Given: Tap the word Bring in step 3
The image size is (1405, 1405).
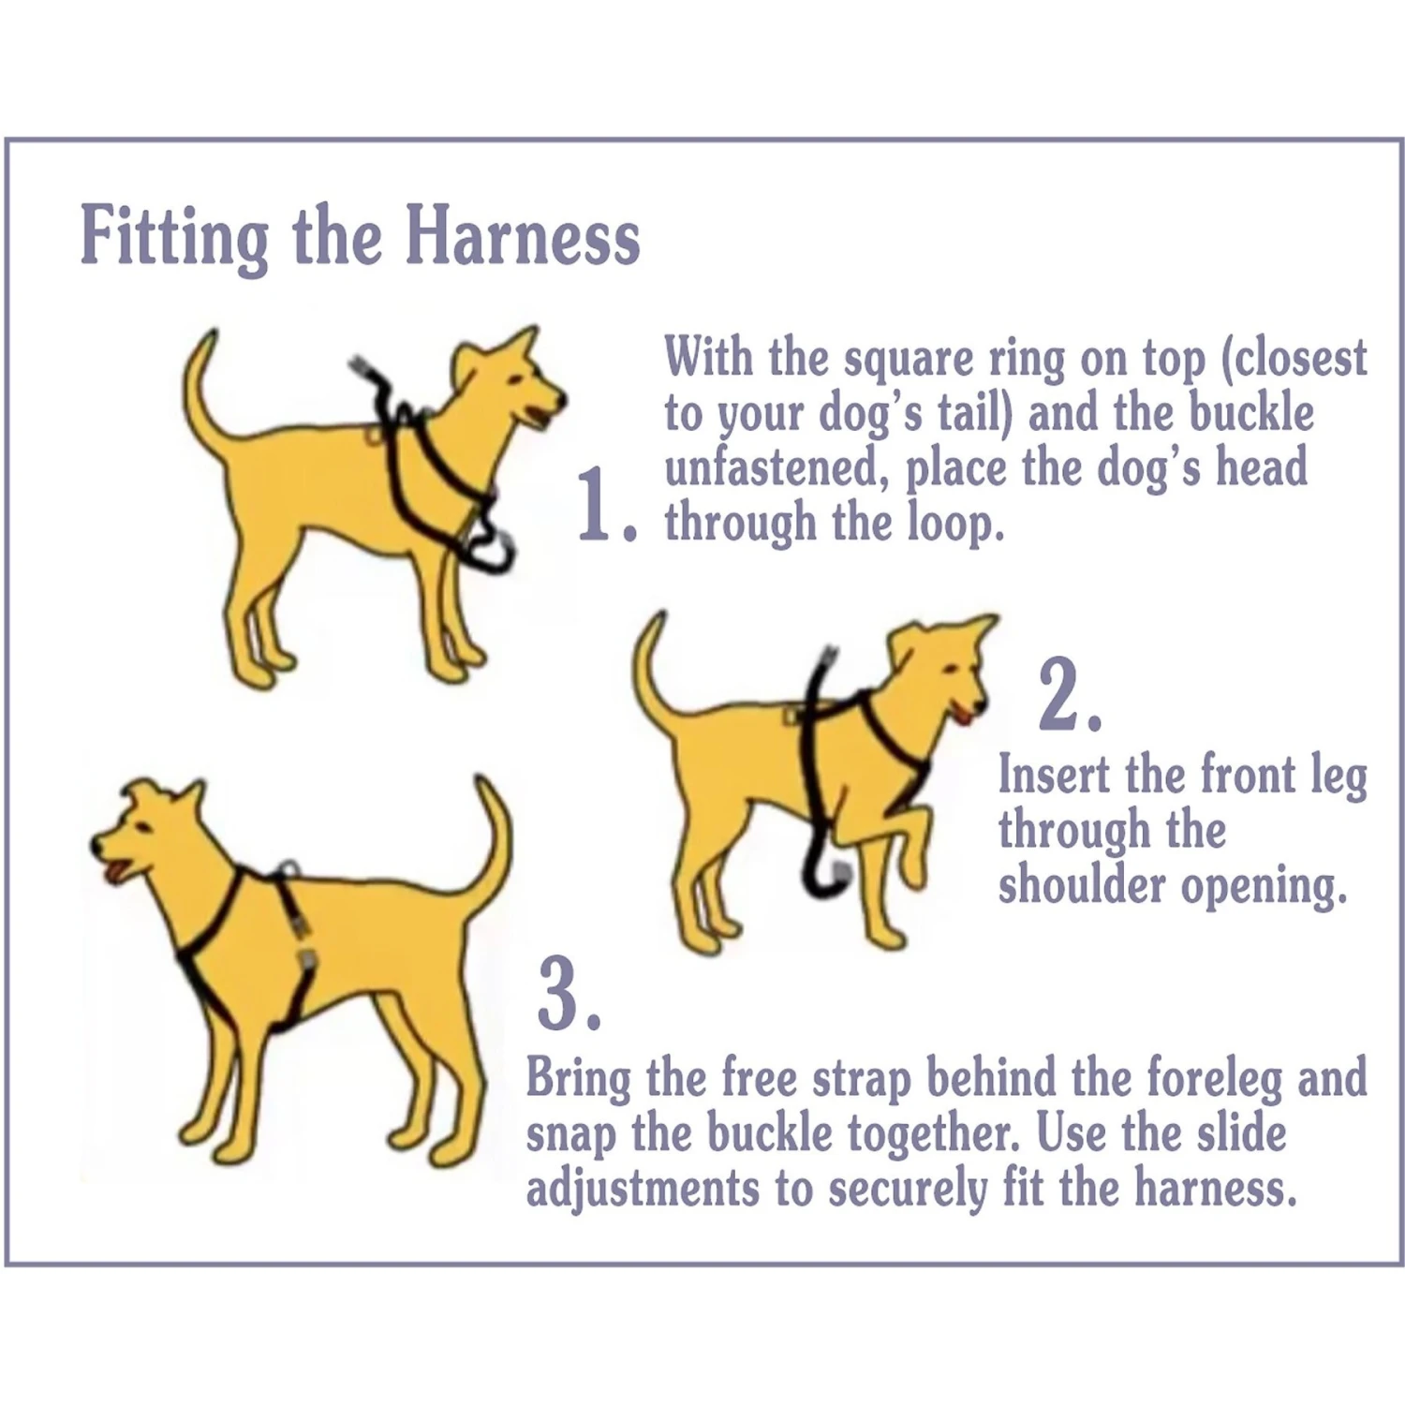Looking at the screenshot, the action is click(578, 1079).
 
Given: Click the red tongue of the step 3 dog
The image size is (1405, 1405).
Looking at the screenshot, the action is click(113, 875).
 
